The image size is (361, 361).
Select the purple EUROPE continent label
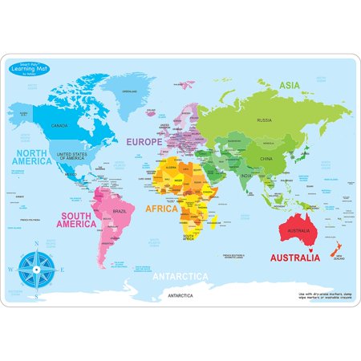tap(165, 141)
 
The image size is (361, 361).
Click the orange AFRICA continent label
tap(161, 209)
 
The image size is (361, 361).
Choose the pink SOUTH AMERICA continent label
tap(76, 220)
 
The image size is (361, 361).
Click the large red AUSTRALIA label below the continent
tap(294, 258)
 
